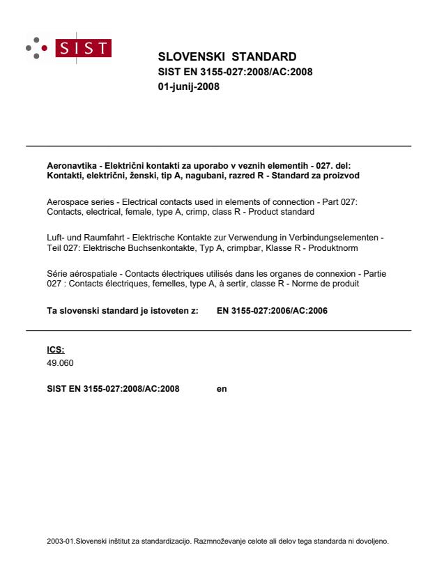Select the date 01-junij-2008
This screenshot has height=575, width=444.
pos(189,86)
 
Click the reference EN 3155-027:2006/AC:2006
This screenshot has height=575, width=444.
pos(272,310)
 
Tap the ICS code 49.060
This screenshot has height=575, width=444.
pos(59,362)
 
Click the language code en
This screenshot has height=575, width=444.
pos(222,388)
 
